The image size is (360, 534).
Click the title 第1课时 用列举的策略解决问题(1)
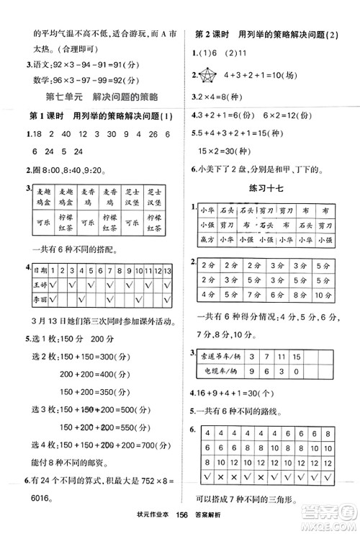coord(97,117)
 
